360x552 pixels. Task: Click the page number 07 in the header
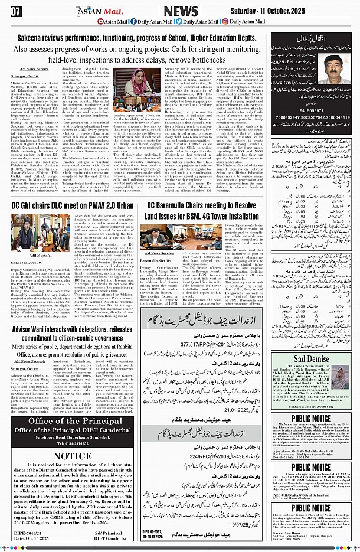[x=15, y=10]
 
